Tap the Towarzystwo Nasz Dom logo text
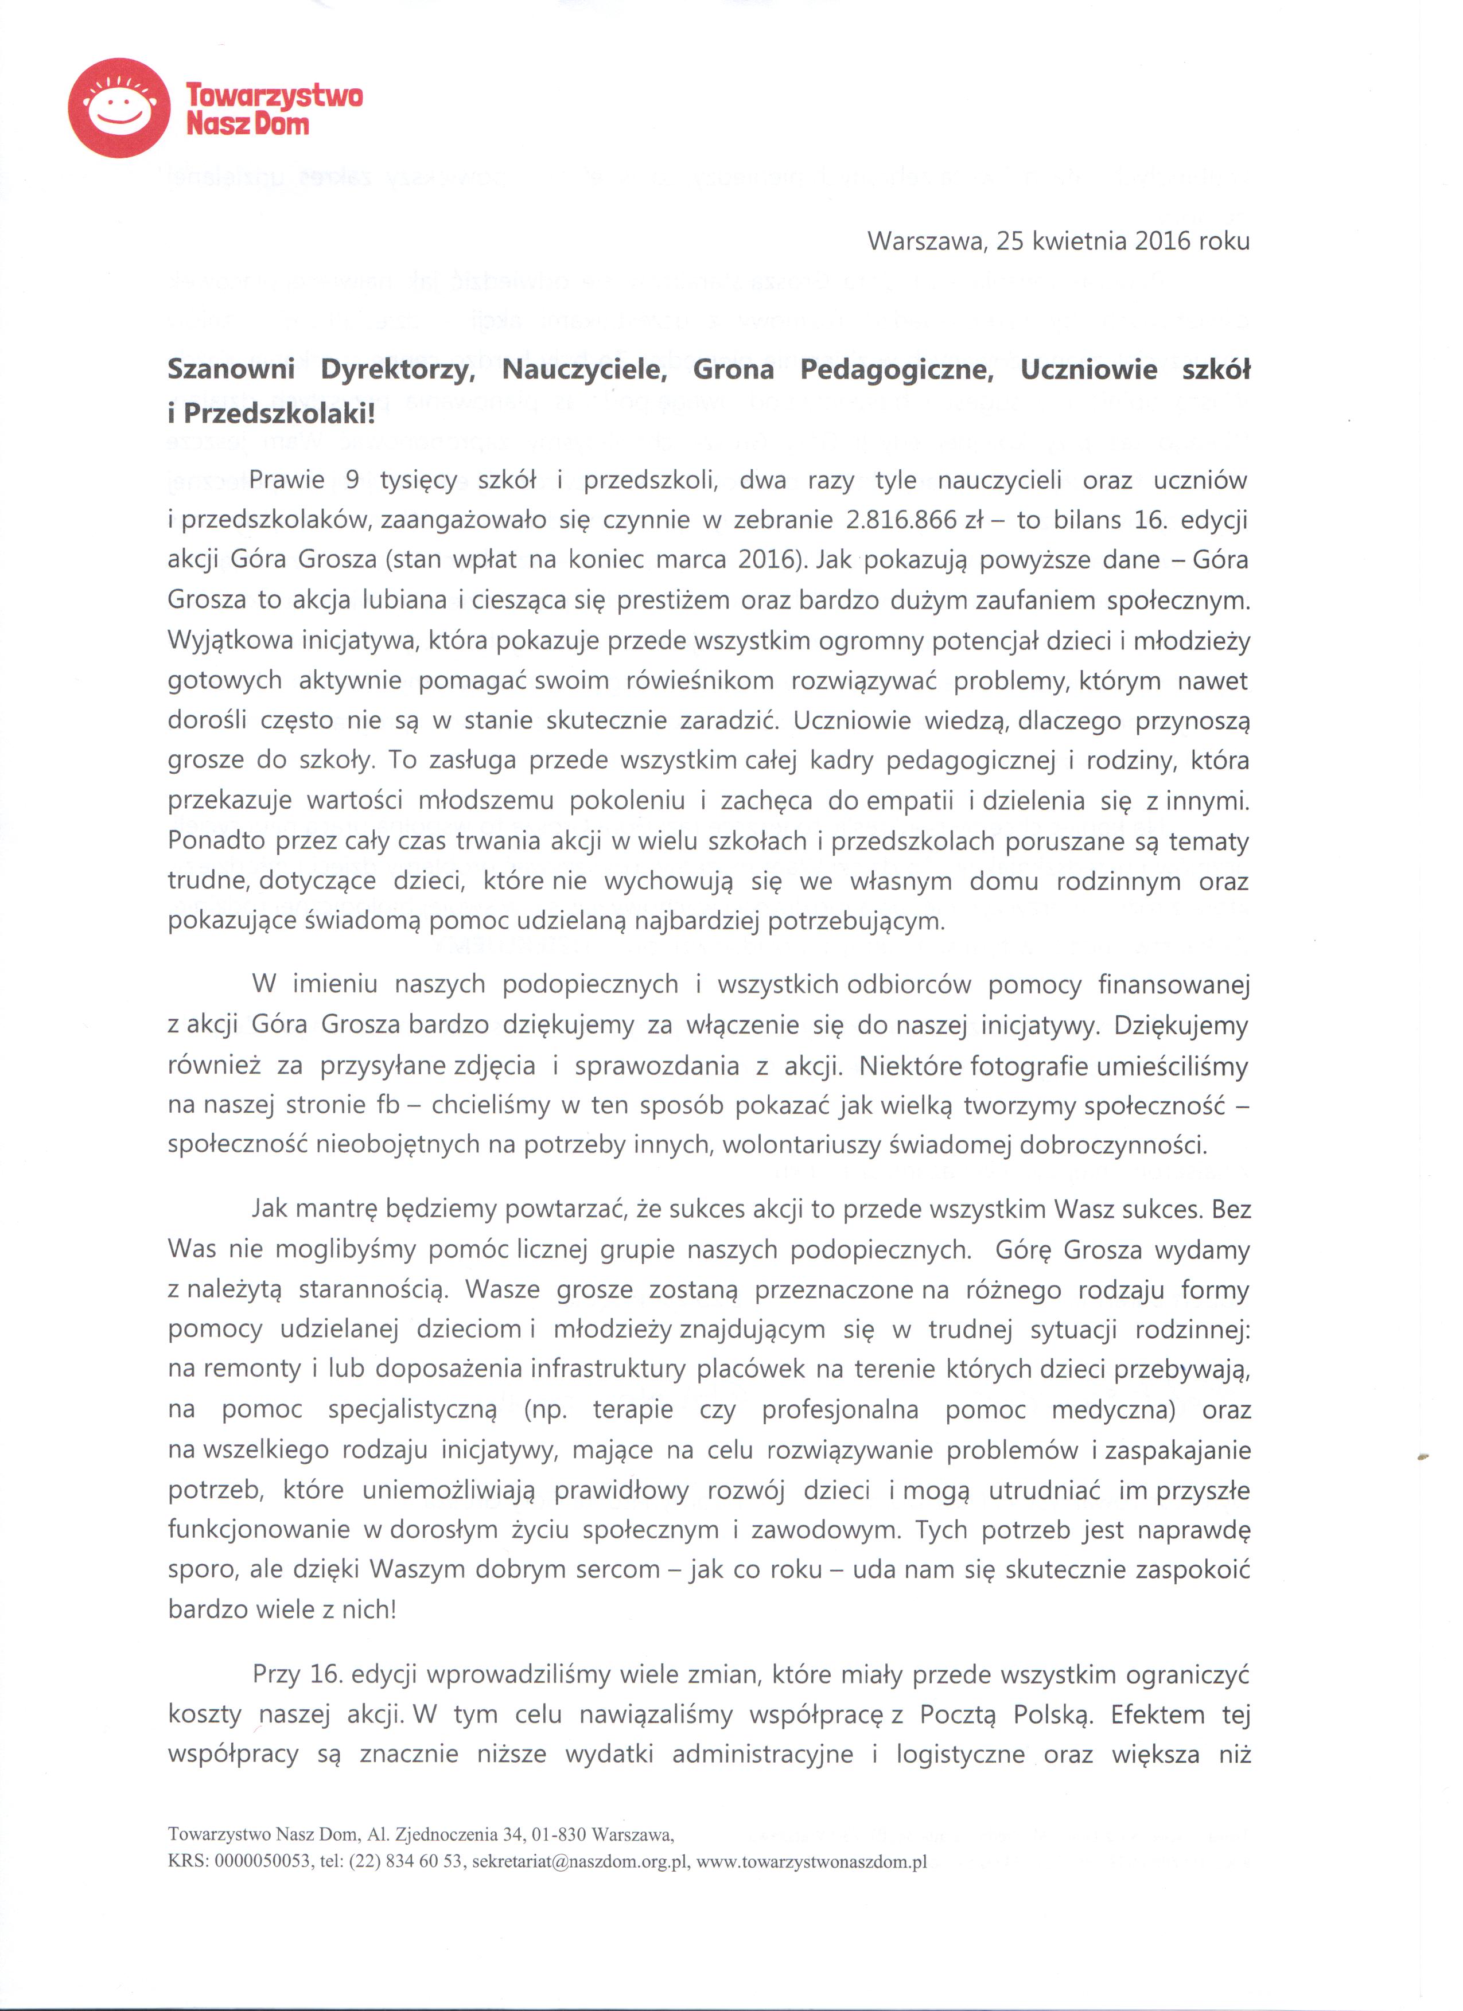[x=274, y=108]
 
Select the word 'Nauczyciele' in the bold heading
[x=584, y=370]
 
